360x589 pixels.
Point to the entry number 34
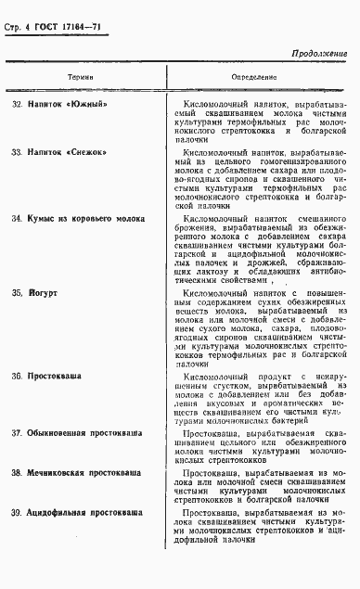(17, 219)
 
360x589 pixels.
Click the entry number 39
(17, 512)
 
